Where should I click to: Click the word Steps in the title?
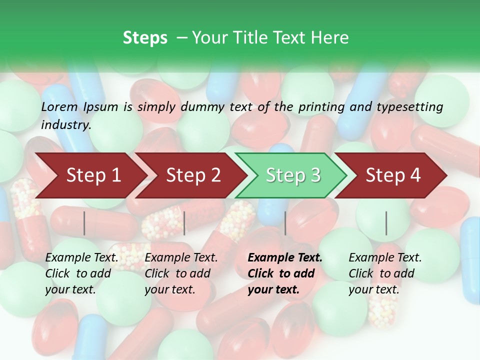[145, 38]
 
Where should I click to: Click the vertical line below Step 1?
[84, 223]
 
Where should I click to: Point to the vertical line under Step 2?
[184, 223]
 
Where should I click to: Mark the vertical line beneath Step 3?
[285, 223]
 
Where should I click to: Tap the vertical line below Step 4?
[386, 223]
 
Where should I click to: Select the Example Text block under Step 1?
[81, 273]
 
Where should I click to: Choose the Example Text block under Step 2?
[181, 273]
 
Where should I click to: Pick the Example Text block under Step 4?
[385, 273]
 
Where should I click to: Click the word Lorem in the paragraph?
[59, 107]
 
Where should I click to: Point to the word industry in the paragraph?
[65, 125]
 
